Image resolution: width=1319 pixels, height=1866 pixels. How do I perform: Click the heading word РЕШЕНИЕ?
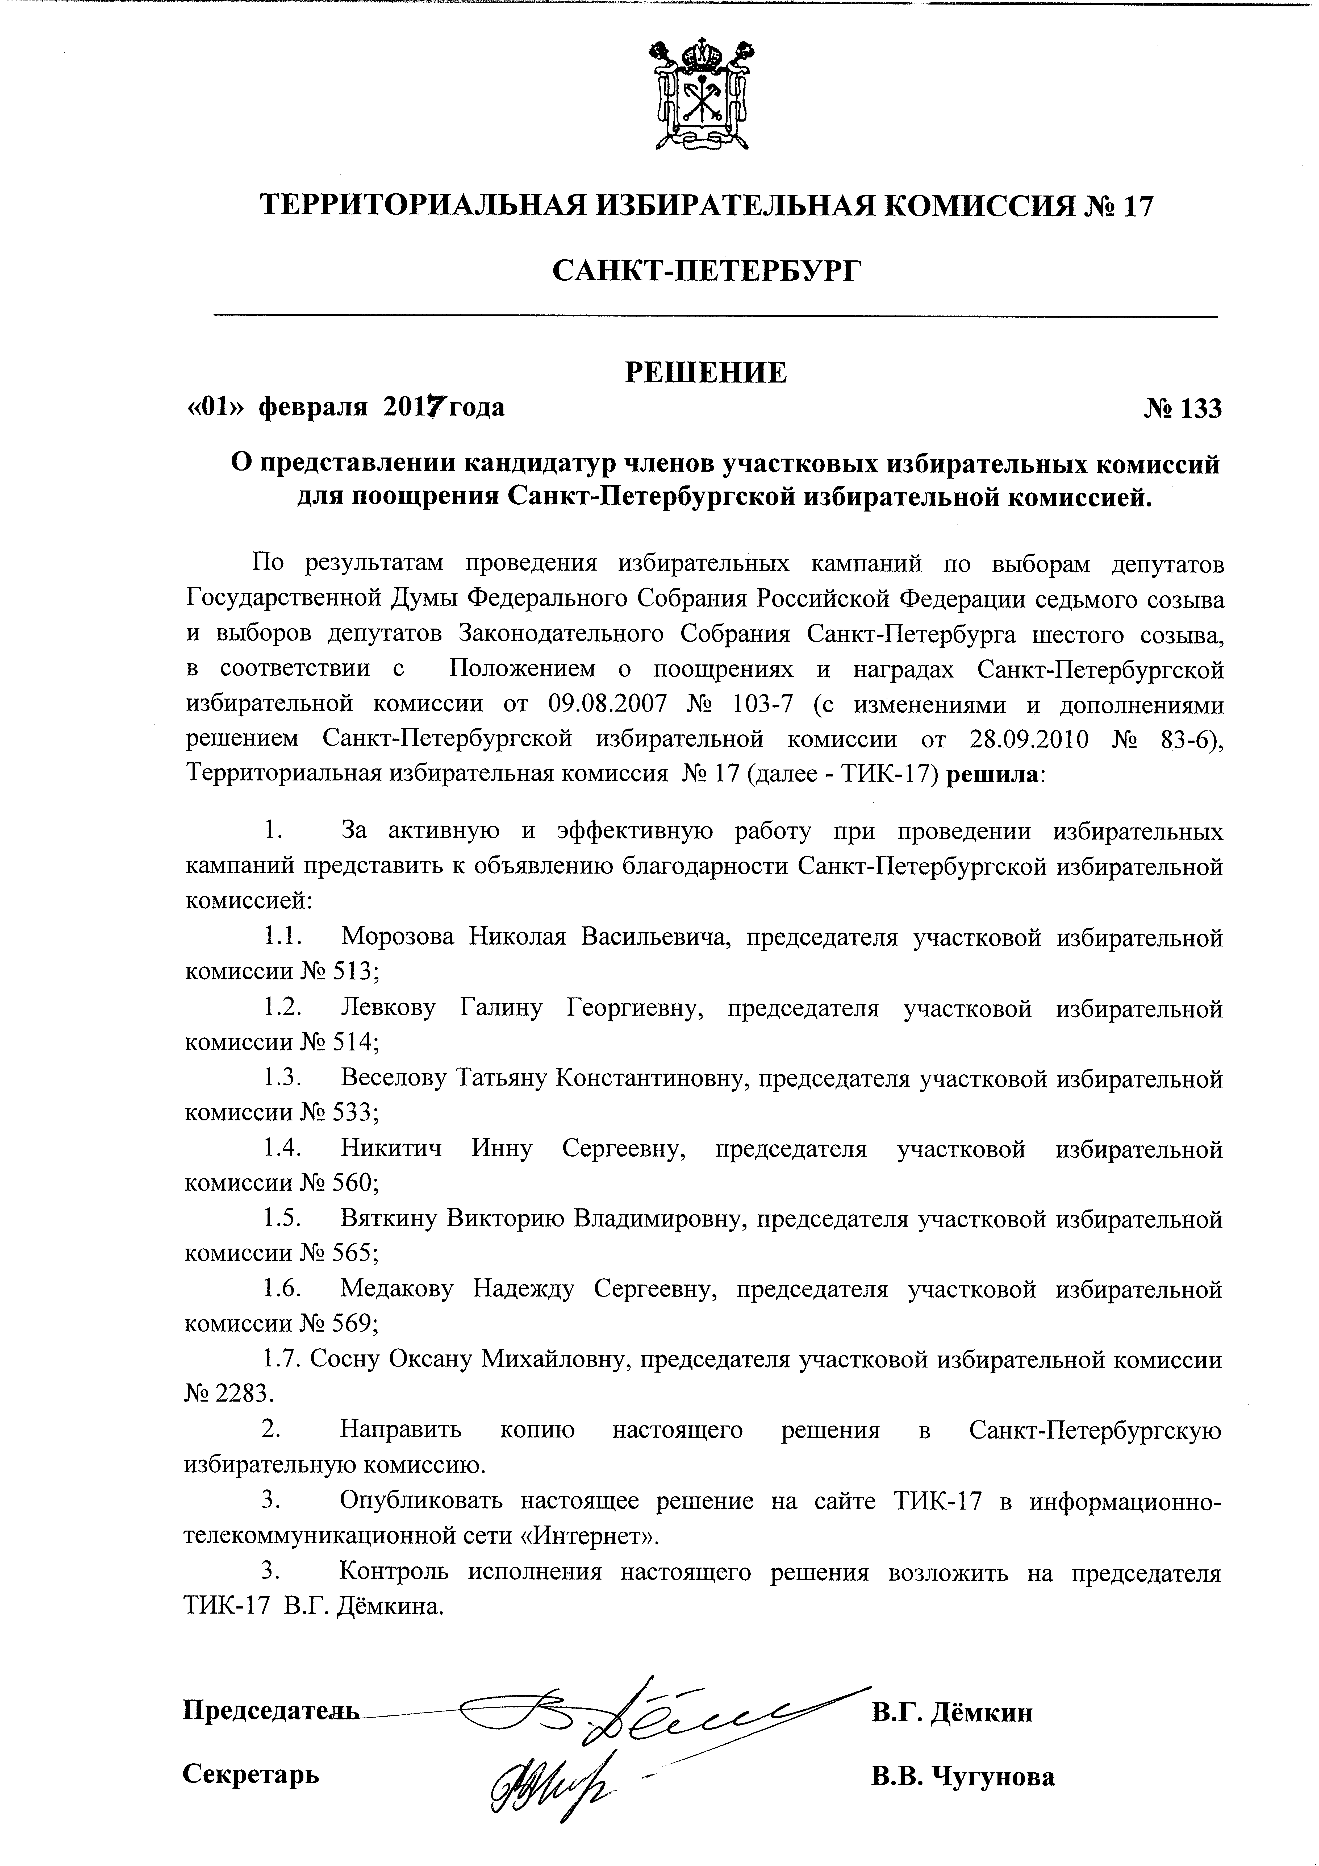coord(706,372)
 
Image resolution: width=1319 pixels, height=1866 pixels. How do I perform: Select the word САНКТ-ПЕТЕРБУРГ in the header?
coord(706,271)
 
